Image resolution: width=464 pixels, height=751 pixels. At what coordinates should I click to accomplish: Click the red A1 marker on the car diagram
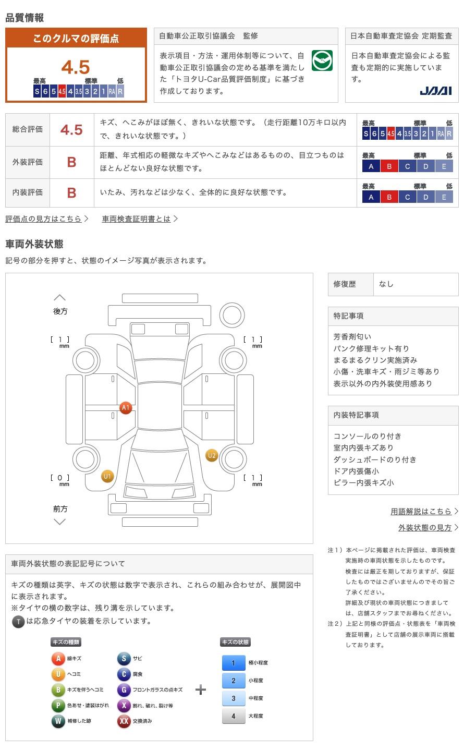tap(125, 408)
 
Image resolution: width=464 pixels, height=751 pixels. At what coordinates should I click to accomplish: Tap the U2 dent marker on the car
tap(212, 455)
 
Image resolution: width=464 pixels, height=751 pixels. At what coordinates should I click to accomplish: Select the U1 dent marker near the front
tap(107, 476)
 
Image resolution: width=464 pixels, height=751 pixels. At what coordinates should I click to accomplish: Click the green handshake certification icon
tap(322, 61)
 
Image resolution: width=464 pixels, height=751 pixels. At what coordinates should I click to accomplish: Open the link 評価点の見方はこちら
tap(44, 219)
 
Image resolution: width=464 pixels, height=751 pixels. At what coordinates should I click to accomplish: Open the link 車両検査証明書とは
tap(137, 219)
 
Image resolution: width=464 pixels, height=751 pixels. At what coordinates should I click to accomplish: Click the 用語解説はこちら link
tap(421, 512)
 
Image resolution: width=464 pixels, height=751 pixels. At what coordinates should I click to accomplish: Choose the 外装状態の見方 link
tap(425, 528)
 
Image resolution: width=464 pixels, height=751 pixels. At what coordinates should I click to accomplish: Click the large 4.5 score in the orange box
tap(76, 67)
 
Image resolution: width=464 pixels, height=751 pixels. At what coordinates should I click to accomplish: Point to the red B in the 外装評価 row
tap(71, 162)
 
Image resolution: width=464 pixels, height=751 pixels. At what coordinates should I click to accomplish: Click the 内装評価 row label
tap(28, 192)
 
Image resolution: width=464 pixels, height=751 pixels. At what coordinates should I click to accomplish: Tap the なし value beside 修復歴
tap(386, 284)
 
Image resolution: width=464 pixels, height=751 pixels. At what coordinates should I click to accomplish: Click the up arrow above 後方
tap(60, 298)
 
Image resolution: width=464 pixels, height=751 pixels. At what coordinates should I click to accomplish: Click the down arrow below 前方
tap(60, 522)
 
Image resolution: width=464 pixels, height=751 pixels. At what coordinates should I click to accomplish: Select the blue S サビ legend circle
tap(124, 659)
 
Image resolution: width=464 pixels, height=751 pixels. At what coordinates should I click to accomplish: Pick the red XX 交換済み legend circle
tap(124, 721)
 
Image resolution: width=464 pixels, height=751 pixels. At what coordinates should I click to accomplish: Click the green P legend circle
tap(58, 706)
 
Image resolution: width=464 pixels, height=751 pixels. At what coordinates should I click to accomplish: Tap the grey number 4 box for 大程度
tap(233, 716)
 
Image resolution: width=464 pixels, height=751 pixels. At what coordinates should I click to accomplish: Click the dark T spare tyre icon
tap(18, 622)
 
